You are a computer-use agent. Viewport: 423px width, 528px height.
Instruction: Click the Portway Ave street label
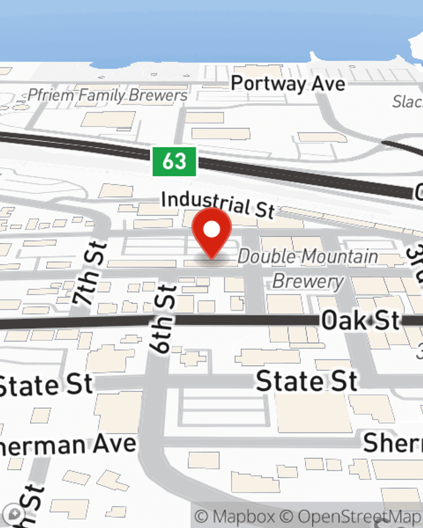[x=288, y=84]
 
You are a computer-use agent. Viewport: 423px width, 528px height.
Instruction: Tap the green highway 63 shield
[x=174, y=161]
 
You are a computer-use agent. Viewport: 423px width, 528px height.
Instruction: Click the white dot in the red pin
[x=211, y=230]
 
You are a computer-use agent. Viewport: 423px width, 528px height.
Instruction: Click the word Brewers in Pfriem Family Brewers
[x=158, y=95]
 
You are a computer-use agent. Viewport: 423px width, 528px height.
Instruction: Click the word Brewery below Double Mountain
[x=308, y=281]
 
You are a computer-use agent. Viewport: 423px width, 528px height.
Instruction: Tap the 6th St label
[x=163, y=319]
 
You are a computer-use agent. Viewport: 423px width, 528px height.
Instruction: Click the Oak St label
[x=360, y=320]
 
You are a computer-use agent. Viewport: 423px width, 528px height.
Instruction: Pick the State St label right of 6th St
[x=307, y=381]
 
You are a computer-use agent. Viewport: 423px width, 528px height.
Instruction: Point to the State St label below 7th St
[x=44, y=385]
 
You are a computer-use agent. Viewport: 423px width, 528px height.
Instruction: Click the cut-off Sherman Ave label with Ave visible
[x=68, y=445]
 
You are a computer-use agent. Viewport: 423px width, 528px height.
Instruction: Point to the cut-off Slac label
[x=407, y=101]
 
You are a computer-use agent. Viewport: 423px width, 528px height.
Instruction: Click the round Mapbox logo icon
[x=15, y=514]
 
